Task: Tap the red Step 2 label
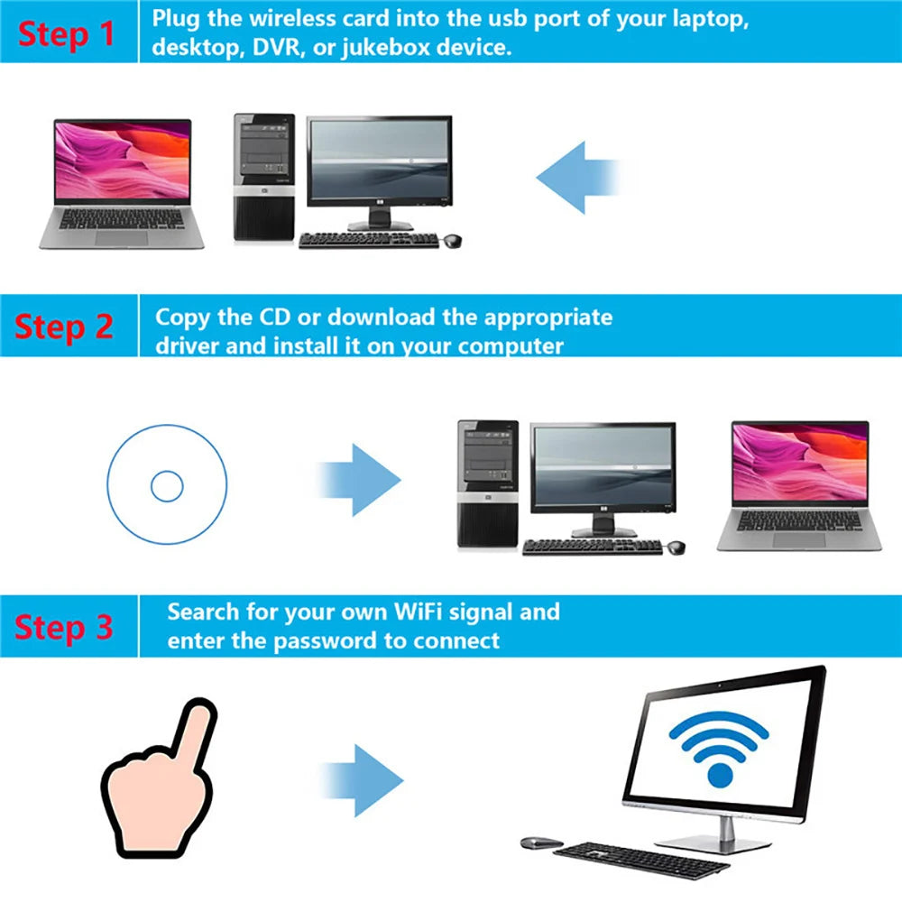(64, 327)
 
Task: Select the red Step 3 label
(64, 626)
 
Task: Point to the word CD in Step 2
(278, 318)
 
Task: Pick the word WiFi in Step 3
(418, 612)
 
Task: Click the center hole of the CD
(167, 486)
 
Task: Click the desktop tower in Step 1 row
(264, 178)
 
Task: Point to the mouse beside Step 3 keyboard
(541, 842)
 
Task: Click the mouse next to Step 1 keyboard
(451, 240)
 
